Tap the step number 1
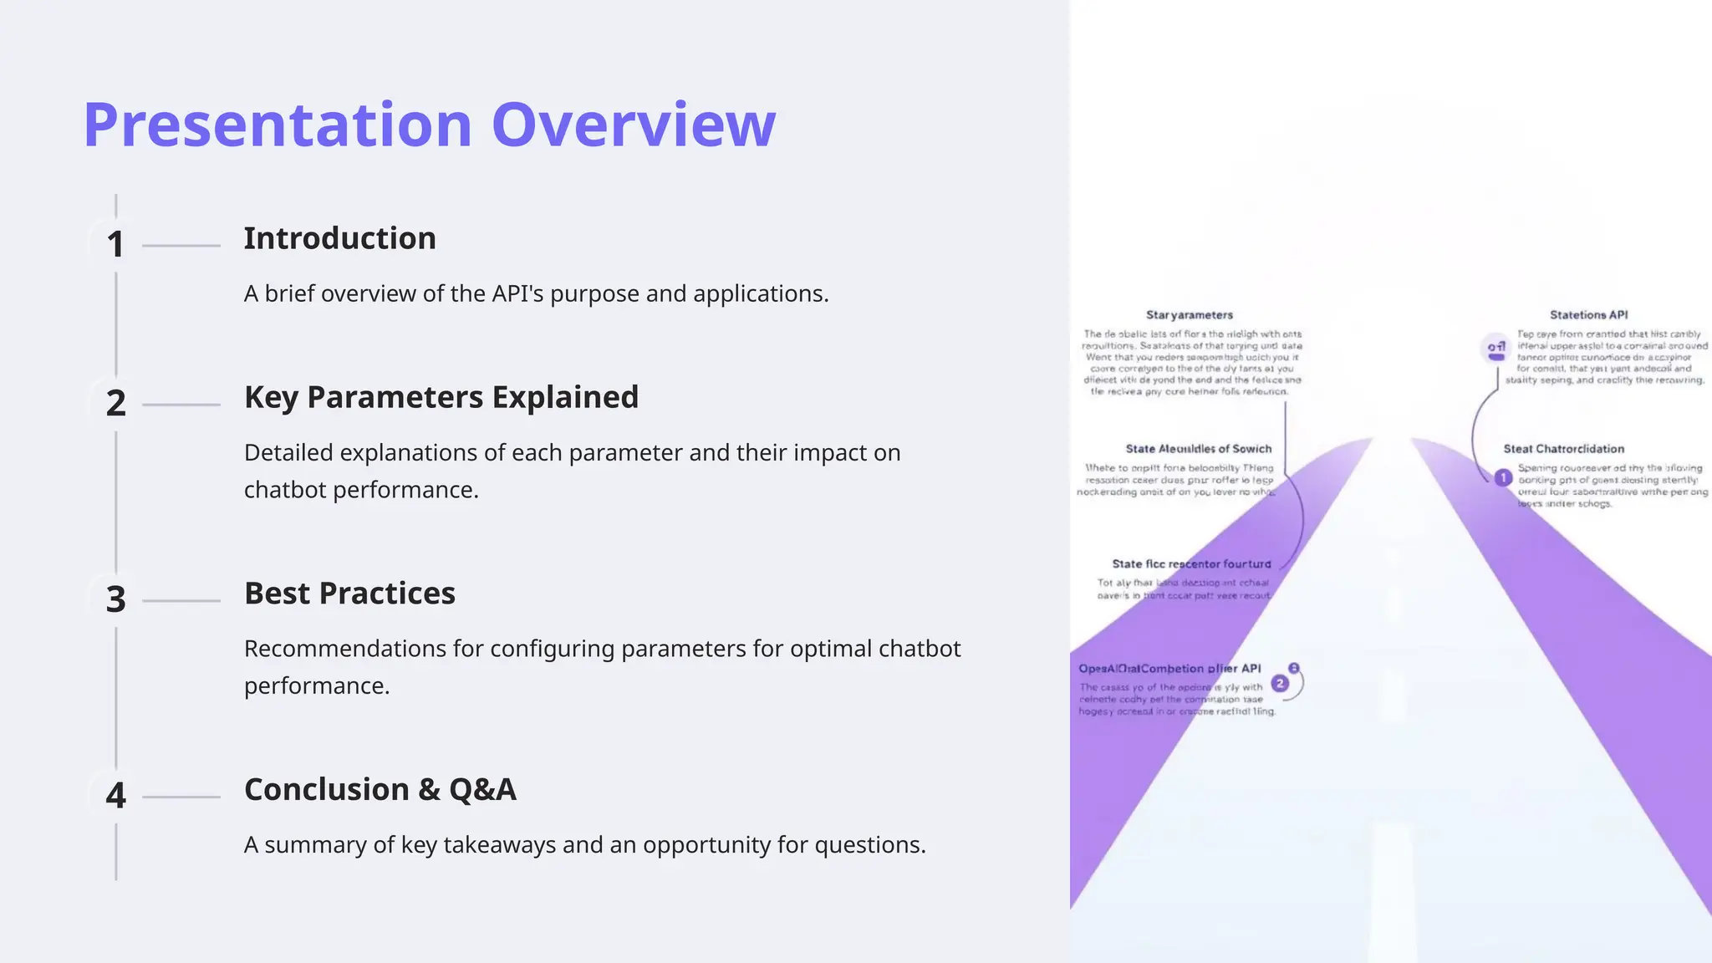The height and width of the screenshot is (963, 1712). pyautogui.click(x=115, y=245)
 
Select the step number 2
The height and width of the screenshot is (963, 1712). pyautogui.click(x=115, y=404)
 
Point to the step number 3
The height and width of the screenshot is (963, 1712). pyautogui.click(x=115, y=600)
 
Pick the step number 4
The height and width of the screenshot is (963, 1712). pyautogui.click(x=115, y=796)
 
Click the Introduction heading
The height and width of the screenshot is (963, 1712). pyautogui.click(x=339, y=239)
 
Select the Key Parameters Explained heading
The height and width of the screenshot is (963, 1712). pyautogui.click(x=441, y=398)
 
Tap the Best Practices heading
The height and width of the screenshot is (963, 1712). pyautogui.click(x=349, y=594)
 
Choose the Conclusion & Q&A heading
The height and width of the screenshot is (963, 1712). pyautogui.click(x=380, y=790)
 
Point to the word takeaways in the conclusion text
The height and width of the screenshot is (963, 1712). pyautogui.click(x=498, y=845)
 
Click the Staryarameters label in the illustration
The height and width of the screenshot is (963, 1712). pyautogui.click(x=1189, y=315)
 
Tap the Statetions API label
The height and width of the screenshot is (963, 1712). pyautogui.click(x=1588, y=315)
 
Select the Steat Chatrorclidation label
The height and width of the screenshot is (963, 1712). pyautogui.click(x=1563, y=449)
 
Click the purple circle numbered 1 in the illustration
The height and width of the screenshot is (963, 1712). pyautogui.click(x=1503, y=478)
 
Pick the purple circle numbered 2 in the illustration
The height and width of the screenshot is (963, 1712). pyautogui.click(x=1279, y=684)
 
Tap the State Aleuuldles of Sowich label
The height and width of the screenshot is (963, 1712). pyautogui.click(x=1198, y=449)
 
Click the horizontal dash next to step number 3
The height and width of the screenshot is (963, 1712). pyautogui.click(x=181, y=601)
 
